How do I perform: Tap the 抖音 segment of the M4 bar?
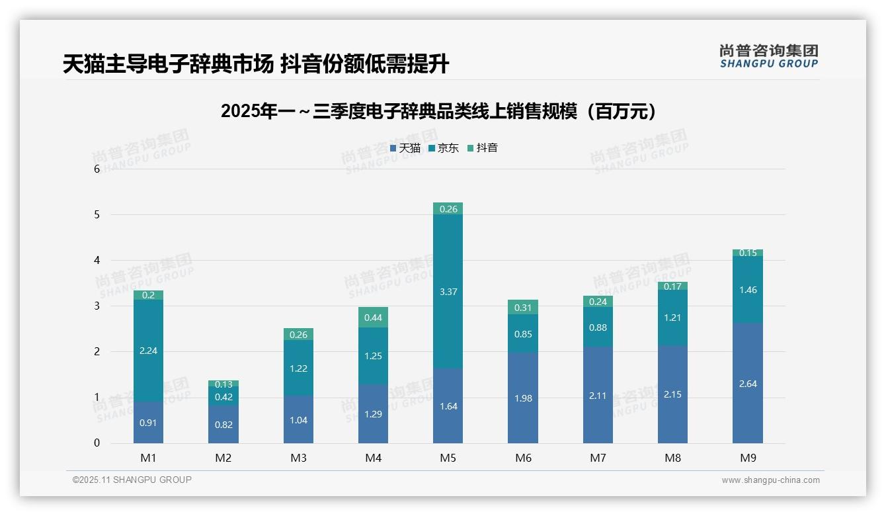[373, 318]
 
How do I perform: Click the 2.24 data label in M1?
[148, 351]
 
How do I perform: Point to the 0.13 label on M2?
[223, 384]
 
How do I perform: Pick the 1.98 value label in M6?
[523, 398]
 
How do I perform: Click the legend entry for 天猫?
[405, 148]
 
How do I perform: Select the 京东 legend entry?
[444, 148]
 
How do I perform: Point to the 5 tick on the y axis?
[97, 214]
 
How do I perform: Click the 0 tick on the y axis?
[97, 443]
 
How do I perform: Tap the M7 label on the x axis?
[598, 458]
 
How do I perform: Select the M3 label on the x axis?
[298, 458]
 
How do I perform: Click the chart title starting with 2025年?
[442, 111]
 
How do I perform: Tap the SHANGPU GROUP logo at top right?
[768, 56]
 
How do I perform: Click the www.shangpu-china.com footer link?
[770, 480]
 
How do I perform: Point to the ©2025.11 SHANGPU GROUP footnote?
[132, 480]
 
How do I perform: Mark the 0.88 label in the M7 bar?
[598, 327]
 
